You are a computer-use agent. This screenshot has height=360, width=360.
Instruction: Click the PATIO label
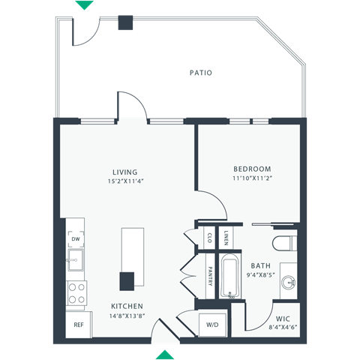pyautogui.click(x=200, y=73)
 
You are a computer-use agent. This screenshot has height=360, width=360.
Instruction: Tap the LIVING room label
pyautogui.click(x=124, y=172)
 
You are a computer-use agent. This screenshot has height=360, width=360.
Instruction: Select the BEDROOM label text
pyautogui.click(x=251, y=169)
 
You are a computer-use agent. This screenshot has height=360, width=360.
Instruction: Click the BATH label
pyautogui.click(x=261, y=265)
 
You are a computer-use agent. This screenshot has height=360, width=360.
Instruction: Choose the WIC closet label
pyautogui.click(x=283, y=318)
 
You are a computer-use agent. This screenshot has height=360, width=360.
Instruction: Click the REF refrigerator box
pyautogui.click(x=78, y=325)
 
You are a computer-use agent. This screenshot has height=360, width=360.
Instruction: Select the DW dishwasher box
pyautogui.click(x=76, y=240)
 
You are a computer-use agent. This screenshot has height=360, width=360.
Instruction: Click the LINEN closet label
pyautogui.click(x=225, y=237)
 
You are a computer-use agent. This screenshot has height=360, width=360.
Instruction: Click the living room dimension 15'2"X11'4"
pyautogui.click(x=124, y=181)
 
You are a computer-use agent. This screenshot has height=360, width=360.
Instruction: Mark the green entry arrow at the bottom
pyautogui.click(x=166, y=354)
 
